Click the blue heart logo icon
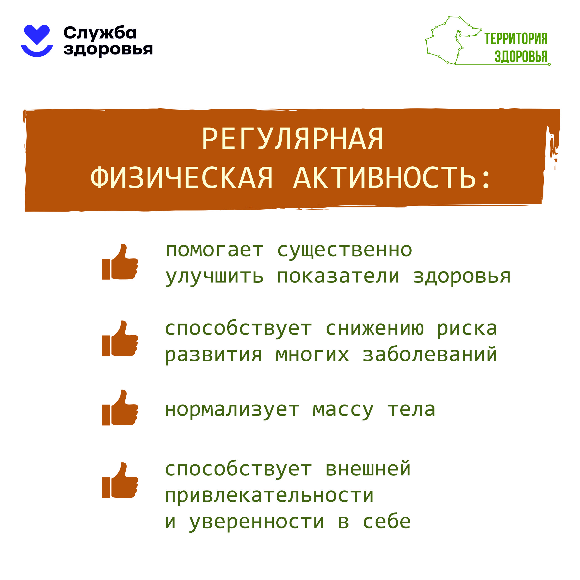(37, 40)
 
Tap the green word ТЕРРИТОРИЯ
(516, 39)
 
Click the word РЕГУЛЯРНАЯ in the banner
(293, 138)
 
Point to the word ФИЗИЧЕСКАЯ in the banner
(182, 178)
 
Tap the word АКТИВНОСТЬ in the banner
(385, 178)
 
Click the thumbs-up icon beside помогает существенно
(120, 261)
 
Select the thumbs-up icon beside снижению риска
(120, 338)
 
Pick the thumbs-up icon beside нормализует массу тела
(120, 407)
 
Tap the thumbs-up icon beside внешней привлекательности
(120, 480)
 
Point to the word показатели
(338, 276)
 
